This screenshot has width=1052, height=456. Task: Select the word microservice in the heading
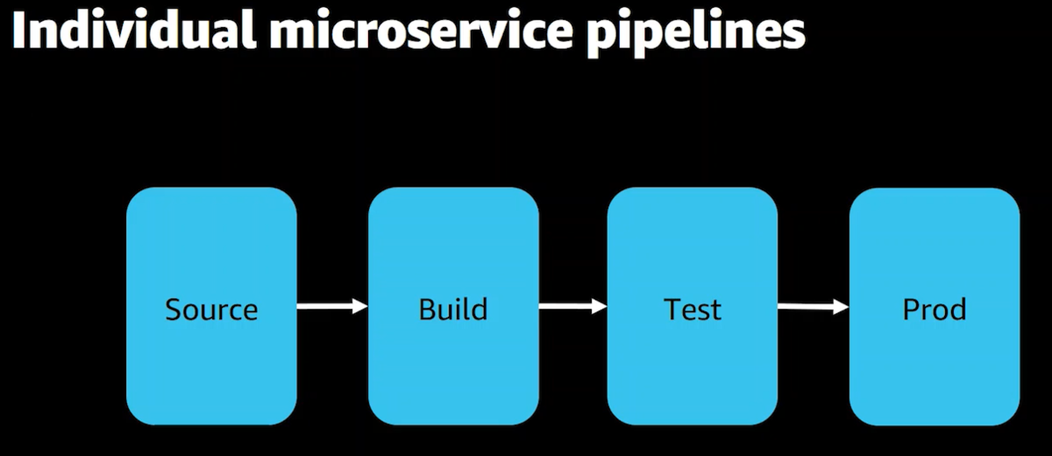pyautogui.click(x=422, y=32)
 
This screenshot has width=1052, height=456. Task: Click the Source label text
pyautogui.click(x=211, y=310)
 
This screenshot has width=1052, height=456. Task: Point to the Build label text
pyautogui.click(x=452, y=309)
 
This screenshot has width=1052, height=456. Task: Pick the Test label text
pyautogui.click(x=693, y=310)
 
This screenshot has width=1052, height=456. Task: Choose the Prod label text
pyautogui.click(x=935, y=309)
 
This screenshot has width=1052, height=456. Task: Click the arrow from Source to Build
pyautogui.click(x=332, y=306)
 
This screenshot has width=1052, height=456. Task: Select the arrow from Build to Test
pyautogui.click(x=573, y=306)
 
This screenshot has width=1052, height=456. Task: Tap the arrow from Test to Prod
pyautogui.click(x=814, y=307)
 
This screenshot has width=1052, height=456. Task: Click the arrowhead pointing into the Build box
pyautogui.click(x=360, y=306)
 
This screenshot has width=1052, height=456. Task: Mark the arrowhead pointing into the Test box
pyautogui.click(x=600, y=306)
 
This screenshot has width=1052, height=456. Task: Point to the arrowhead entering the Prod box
pyautogui.click(x=842, y=307)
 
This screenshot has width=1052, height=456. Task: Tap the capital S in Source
pyautogui.click(x=174, y=310)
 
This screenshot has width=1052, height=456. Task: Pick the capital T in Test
pyautogui.click(x=672, y=309)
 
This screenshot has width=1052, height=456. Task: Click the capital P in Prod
pyautogui.click(x=911, y=309)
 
